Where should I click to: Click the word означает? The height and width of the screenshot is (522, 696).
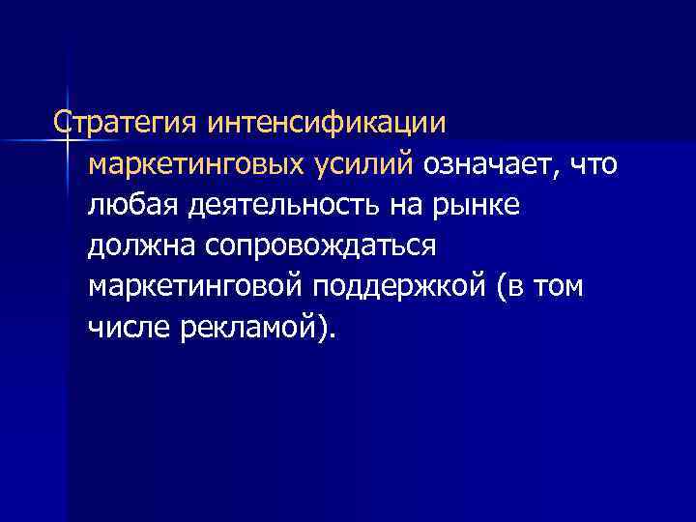pos(490,165)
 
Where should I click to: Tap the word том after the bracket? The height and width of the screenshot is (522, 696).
pos(557,288)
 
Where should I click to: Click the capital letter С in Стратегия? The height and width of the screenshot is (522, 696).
pos(63,125)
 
